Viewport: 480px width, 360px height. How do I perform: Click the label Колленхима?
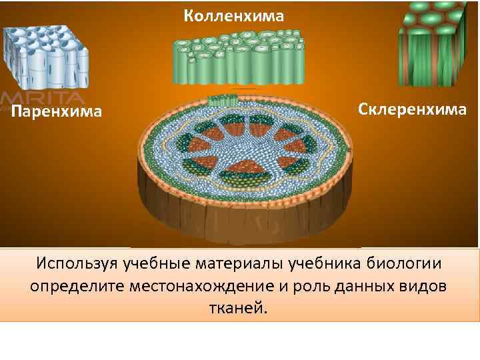[234, 15]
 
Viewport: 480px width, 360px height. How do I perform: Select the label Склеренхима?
[412, 109]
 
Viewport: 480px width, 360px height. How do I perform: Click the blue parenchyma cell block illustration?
[45, 57]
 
